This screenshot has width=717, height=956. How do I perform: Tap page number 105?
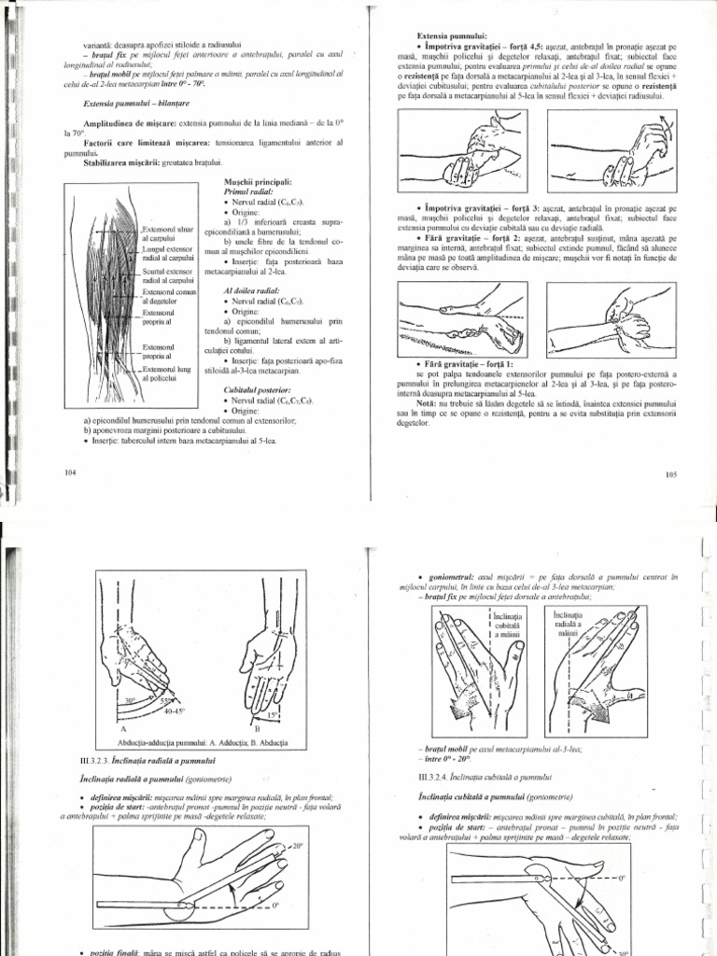pos(669,474)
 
